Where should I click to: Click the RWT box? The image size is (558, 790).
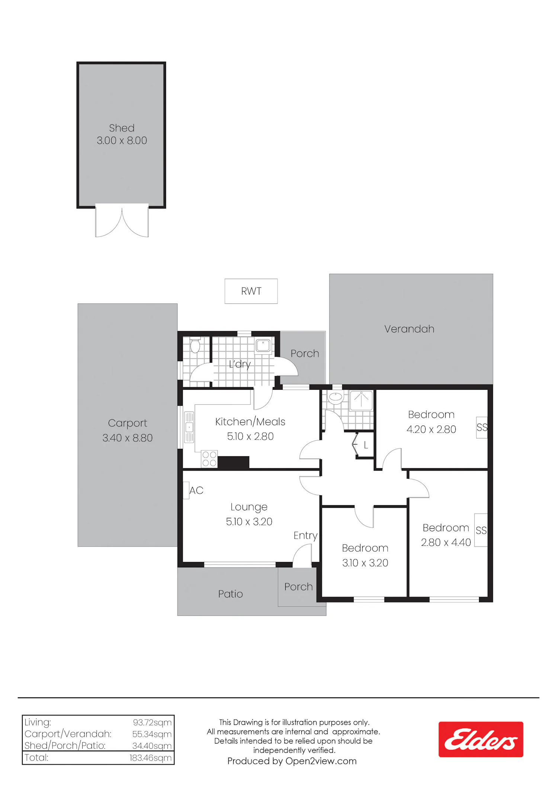251,291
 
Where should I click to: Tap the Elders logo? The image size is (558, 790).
481,739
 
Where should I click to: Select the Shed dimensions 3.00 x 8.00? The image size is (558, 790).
122,140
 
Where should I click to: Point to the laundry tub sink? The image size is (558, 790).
263,345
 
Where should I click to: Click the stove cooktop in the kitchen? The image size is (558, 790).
209,459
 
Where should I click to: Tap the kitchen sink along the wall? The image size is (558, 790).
189,427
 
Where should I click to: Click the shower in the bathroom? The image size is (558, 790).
361,401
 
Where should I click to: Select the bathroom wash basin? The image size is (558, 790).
336,398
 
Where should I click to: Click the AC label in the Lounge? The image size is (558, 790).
196,490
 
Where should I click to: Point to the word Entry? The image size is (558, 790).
305,535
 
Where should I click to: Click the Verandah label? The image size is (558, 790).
409,329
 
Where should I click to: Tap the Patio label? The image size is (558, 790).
231,594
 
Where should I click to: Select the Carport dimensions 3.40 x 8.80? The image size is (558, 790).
128,438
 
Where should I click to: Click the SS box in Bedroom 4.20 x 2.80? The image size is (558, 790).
482,427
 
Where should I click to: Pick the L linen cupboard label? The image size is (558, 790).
366,445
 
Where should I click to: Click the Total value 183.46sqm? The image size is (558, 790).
150,758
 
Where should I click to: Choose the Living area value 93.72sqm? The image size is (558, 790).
152,722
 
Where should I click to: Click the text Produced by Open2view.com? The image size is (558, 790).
292,761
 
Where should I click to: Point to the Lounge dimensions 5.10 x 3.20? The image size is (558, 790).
249,522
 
